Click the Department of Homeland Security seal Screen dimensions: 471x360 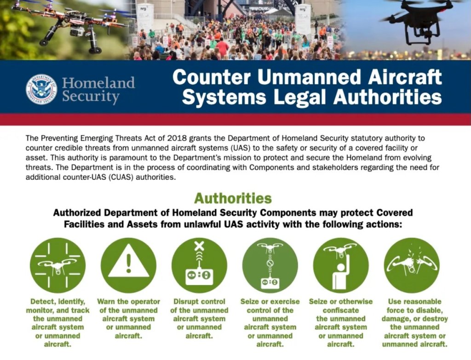tap(41, 89)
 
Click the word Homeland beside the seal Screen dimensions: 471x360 tap(98, 83)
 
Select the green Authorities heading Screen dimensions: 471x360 tap(233, 199)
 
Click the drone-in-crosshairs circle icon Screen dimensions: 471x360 tap(57, 265)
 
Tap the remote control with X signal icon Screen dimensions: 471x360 tap(199, 265)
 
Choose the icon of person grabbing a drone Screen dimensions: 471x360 tap(341, 265)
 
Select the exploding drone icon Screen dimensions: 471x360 tap(412, 265)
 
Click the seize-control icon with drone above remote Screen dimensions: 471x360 tap(270, 265)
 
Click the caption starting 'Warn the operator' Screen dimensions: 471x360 tap(129, 319)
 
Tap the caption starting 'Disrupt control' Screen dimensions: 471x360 tap(199, 319)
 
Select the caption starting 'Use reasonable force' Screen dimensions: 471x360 tap(414, 323)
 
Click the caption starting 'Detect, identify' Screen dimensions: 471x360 tap(57, 323)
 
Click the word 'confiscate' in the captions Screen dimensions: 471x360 tap(341, 310)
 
